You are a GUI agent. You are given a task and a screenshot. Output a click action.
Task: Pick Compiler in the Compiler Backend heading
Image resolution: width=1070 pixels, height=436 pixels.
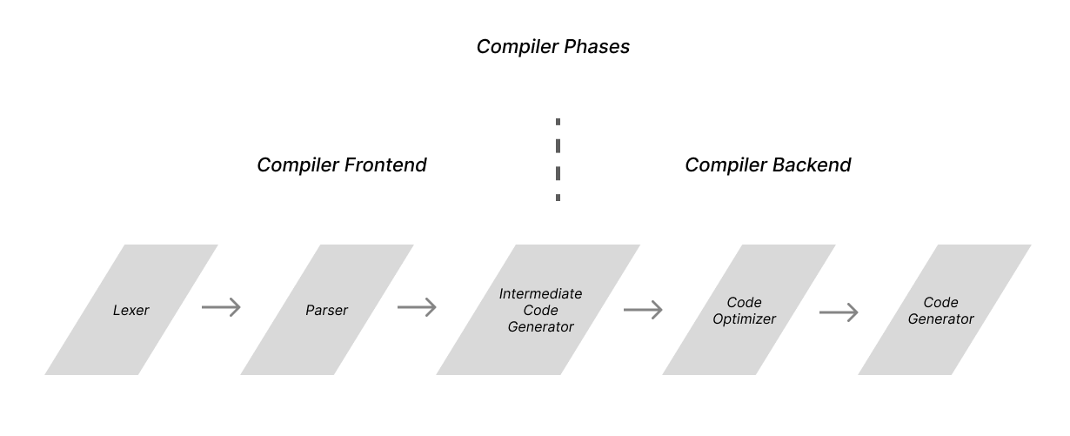click(x=721, y=165)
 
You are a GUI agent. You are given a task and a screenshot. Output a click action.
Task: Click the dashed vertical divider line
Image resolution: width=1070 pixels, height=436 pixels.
click(x=558, y=160)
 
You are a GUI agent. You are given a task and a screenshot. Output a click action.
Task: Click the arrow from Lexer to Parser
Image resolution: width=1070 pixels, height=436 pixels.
click(x=221, y=307)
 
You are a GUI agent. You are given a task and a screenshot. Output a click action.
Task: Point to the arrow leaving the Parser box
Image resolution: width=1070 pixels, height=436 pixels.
click(x=417, y=307)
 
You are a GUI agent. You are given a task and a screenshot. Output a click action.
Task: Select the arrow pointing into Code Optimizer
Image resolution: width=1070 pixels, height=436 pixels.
click(x=643, y=310)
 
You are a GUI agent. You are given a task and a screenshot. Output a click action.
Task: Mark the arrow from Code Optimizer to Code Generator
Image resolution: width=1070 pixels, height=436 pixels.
click(x=839, y=312)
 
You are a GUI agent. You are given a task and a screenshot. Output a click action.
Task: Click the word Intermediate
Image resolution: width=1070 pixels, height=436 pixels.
click(x=540, y=294)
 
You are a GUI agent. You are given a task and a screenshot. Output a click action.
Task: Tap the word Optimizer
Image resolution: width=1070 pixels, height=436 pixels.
click(x=744, y=319)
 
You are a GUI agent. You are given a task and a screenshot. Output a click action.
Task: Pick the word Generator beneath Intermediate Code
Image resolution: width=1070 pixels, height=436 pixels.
click(x=540, y=327)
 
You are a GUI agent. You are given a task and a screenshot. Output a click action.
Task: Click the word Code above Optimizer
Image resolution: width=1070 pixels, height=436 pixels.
click(x=744, y=303)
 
